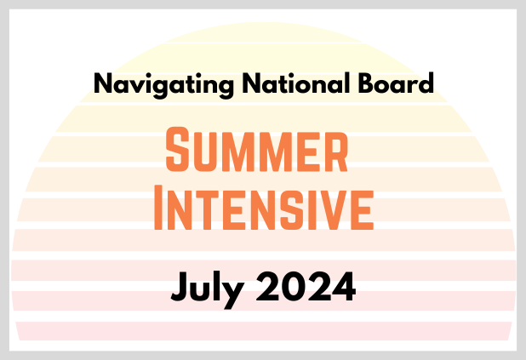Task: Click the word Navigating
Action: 163,85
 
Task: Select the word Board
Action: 396,83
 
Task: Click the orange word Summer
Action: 257,149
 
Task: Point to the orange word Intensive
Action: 264,208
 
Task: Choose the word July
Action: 208,289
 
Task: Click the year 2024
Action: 306,287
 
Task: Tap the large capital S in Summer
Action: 177,149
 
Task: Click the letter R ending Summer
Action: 336,151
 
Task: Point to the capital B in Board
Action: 367,83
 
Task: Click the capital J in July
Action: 179,287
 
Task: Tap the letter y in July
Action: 233,294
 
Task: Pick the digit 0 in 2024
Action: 294,287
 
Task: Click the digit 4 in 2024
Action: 344,287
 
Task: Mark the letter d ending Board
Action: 426,83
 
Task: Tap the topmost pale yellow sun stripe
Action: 263,33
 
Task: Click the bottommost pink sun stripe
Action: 263,331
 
